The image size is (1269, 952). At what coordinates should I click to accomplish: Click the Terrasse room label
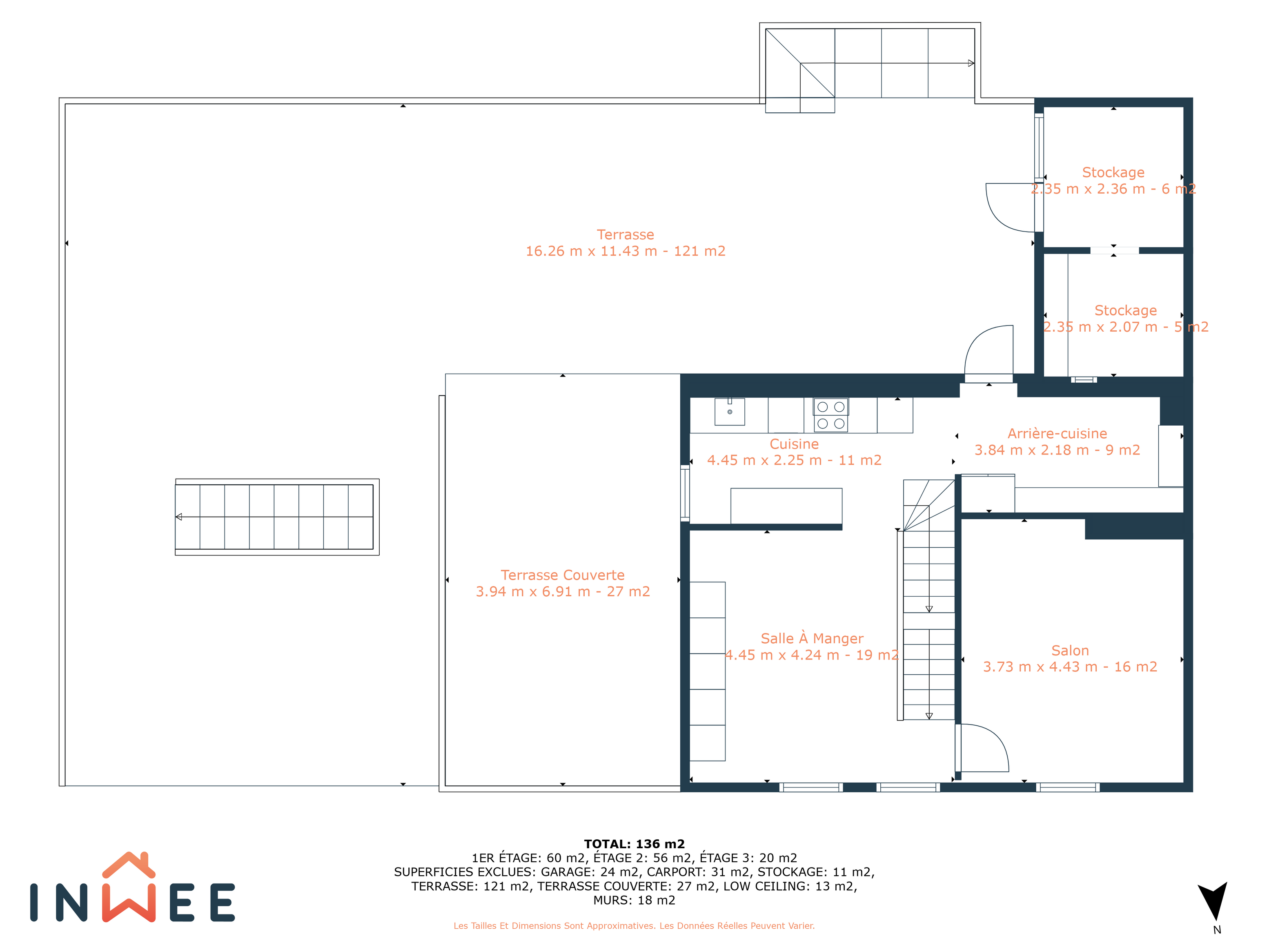pos(626,235)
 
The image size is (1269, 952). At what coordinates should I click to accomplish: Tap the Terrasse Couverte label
pos(562,575)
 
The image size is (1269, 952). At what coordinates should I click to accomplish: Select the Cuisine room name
pos(794,444)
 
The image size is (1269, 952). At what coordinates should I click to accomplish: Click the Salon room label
pos(1070,651)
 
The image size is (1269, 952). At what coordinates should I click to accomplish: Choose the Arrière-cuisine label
pos(1057,434)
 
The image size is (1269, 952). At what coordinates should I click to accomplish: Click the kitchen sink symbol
pos(730,411)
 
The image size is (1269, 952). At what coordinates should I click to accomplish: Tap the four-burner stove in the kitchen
pos(831,415)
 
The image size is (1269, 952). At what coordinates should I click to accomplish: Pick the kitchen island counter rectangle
pos(786,506)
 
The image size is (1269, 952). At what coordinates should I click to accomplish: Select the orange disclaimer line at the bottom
pos(634,925)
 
